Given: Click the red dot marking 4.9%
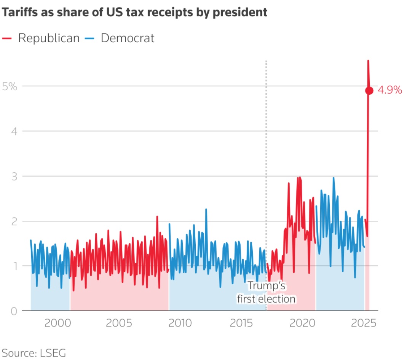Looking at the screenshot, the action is coord(369,91).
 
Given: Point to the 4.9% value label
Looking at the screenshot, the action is coord(389,90).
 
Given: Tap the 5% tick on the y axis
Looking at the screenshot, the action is coord(10,86).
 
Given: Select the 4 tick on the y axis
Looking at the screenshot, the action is coord(14,132).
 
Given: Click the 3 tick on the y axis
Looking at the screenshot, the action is coord(14,177).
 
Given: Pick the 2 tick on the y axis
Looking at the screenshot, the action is coord(14,221).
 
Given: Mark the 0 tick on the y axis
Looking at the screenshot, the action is coord(14,311).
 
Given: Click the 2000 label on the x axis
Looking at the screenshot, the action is coord(57,323).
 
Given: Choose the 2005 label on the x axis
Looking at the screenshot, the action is coord(119,323).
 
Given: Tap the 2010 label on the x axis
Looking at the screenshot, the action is coord(180,323).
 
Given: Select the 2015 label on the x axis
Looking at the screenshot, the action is coord(241,323).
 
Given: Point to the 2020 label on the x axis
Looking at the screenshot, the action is coord(302,323).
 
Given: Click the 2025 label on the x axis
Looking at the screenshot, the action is coord(364,323).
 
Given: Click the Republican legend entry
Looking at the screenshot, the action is coord(41,38).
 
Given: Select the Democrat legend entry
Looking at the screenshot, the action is coord(120,38).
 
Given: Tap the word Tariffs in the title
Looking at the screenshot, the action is coord(20,12).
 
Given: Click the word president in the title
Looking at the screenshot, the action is coord(240,13).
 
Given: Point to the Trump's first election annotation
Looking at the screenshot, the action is coord(266,292).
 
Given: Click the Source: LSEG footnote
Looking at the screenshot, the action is coord(34,353).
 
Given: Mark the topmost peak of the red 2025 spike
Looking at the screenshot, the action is coord(368,61).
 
